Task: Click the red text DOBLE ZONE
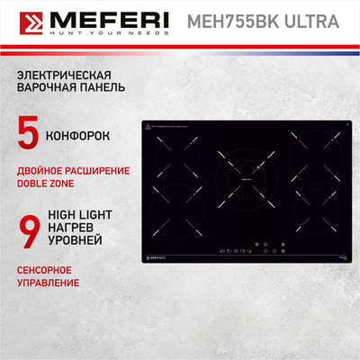point(47,184)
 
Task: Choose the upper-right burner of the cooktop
point(314,149)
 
